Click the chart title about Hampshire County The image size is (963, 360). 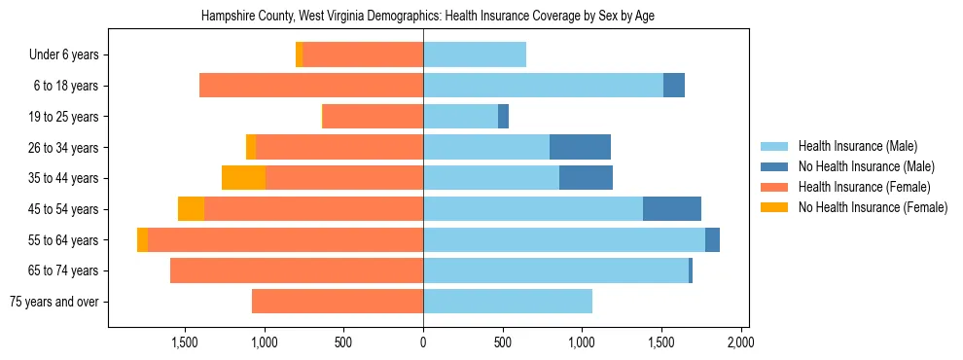(428, 17)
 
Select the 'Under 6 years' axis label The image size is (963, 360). (70, 55)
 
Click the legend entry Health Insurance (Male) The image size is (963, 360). (857, 146)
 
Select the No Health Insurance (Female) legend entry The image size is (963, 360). (873, 207)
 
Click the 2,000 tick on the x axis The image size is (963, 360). (740, 342)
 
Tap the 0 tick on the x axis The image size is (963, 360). (423, 342)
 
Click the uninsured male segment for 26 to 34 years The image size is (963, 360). (580, 148)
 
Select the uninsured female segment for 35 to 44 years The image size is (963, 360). (243, 178)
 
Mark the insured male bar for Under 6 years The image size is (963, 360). (475, 55)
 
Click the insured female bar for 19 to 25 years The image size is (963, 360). (373, 117)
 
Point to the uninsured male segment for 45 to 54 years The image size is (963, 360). (672, 209)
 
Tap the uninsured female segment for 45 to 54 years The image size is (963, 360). (192, 209)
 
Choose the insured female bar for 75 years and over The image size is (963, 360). (338, 302)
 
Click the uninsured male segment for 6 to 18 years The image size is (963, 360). (674, 86)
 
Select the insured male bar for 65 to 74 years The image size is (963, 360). (555, 270)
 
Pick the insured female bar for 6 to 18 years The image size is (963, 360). (311, 86)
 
